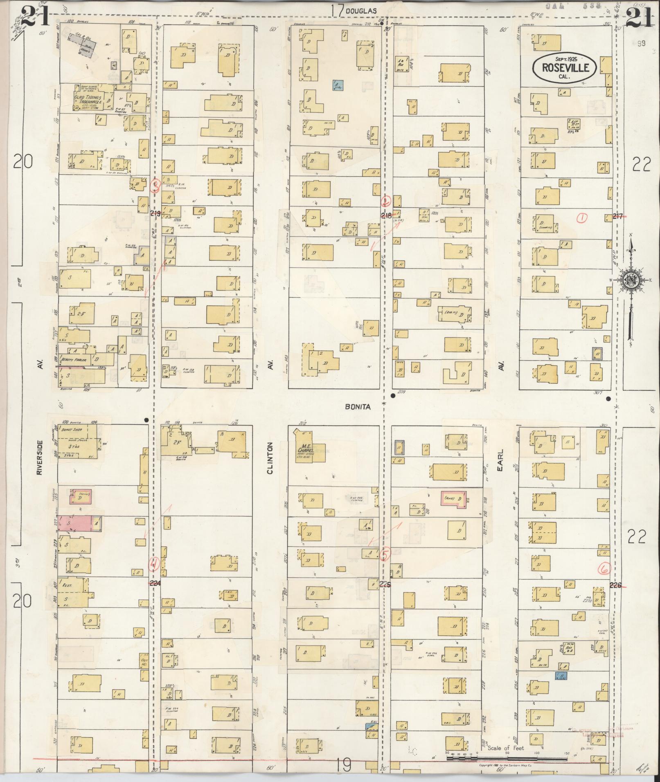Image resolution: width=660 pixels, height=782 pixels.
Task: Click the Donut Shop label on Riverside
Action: pyautogui.click(x=69, y=430)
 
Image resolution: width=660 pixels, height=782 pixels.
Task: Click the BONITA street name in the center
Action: pyautogui.click(x=358, y=407)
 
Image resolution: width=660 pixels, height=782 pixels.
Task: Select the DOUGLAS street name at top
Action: pyautogui.click(x=360, y=11)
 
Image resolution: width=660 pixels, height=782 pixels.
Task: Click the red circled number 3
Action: pyautogui.click(x=155, y=186)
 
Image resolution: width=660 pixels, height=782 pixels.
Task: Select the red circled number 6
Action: pyautogui.click(x=604, y=568)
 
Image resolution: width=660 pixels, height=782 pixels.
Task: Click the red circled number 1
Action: pyautogui.click(x=581, y=219)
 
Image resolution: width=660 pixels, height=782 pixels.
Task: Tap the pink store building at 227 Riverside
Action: pyautogui.click(x=75, y=523)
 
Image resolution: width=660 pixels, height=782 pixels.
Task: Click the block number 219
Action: pyautogui.click(x=155, y=213)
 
